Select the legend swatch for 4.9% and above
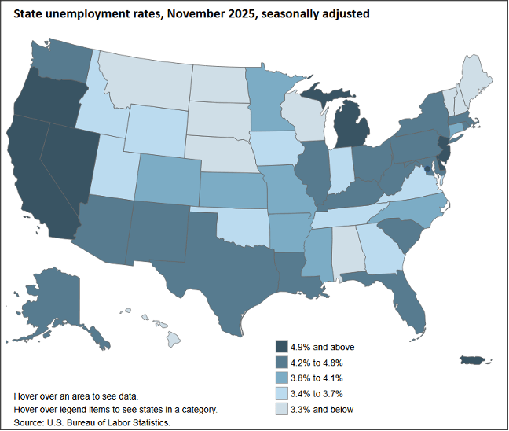click(280, 347)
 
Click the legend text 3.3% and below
click(322, 409)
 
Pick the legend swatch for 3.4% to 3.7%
click(280, 393)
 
